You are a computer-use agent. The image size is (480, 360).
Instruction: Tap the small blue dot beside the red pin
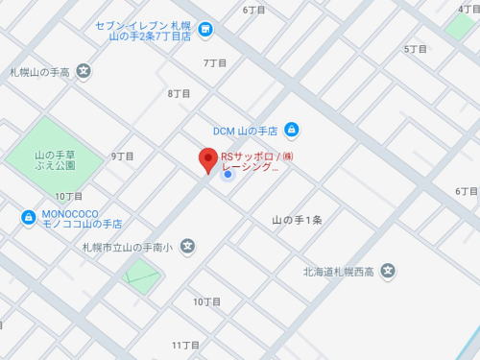228,174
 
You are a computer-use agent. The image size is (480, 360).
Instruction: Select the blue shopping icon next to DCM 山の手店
292,130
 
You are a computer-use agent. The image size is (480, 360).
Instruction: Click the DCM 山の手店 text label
246,131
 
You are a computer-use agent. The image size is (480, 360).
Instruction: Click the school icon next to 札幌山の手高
84,70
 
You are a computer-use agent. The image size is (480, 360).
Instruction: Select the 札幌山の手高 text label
41,71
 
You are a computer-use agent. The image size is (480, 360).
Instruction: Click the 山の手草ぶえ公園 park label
55,160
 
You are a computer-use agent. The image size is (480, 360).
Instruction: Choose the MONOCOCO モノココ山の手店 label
82,219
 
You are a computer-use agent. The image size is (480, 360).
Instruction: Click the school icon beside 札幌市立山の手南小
187,247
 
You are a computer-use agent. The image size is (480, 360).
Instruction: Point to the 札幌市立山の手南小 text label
127,248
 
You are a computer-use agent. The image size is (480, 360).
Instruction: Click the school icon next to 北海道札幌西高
387,271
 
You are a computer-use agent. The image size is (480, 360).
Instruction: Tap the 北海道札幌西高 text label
336,272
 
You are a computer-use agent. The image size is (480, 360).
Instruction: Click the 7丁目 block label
216,62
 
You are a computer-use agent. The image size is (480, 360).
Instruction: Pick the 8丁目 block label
179,93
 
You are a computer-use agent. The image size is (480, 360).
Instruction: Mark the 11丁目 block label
185,344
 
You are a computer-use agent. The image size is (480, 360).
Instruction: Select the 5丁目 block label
416,48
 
